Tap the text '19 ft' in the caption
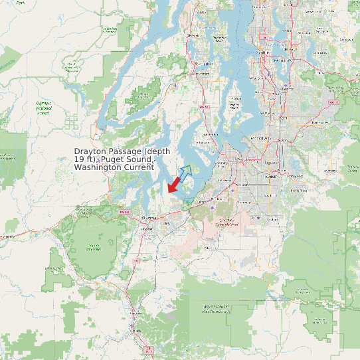pyautogui.click(x=84, y=159)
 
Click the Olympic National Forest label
pyautogui.click(x=44, y=108)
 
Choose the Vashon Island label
pyautogui.click(x=234, y=104)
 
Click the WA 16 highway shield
pyautogui.click(x=205, y=106)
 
